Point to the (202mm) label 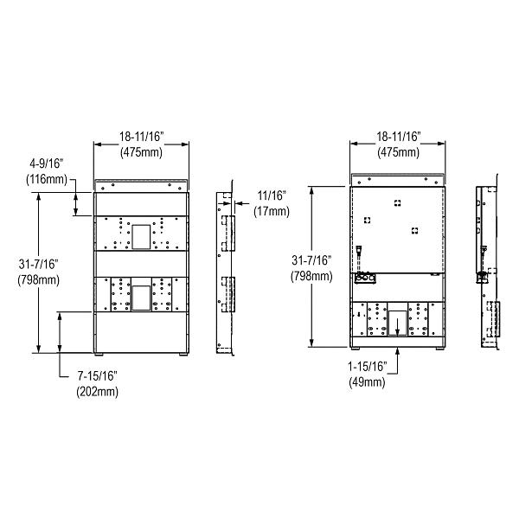coord(97,391)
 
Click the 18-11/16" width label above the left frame coord(143,136)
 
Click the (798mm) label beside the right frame coord(311,276)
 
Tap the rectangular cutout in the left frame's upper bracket coord(141,234)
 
